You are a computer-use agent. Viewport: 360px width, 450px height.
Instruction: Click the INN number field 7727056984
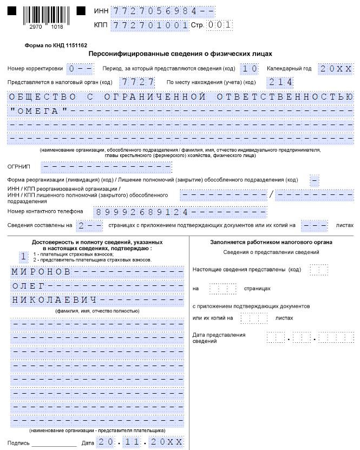154,11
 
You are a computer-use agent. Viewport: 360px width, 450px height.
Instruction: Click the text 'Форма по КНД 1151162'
56,46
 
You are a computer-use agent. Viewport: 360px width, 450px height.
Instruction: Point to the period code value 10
250,69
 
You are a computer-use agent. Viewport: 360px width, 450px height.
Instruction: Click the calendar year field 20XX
336,69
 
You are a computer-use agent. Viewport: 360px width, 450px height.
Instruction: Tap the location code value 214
280,82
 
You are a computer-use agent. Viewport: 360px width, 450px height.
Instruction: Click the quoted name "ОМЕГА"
39,111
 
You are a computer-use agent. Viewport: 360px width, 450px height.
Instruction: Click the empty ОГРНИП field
106,166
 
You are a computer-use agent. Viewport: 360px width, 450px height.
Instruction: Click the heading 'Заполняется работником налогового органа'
271,242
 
